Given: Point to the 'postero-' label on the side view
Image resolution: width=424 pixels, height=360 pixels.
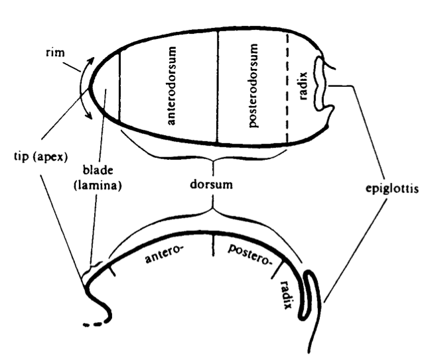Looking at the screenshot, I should point(250,254).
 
